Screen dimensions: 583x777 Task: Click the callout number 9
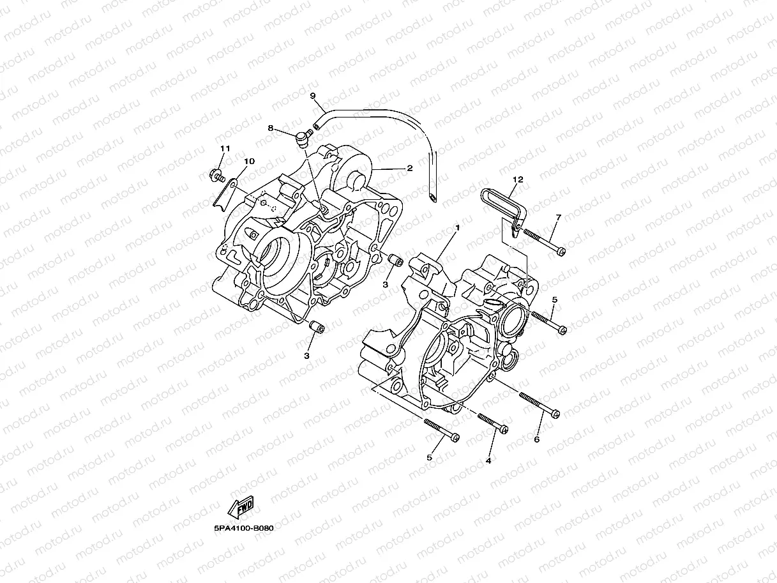[x=313, y=96]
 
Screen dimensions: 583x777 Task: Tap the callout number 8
[x=271, y=128]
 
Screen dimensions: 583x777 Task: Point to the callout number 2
[x=409, y=168]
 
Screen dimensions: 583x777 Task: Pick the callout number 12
[x=518, y=180]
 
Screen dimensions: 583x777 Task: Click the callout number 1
[x=457, y=227]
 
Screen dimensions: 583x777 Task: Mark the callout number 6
[x=536, y=439]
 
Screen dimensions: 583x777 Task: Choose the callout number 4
[x=488, y=460]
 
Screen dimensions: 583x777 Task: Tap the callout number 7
[x=558, y=218]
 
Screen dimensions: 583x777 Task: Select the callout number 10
[x=249, y=162]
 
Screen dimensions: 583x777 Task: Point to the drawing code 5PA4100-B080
[x=244, y=529]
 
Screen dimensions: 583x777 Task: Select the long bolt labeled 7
[x=543, y=241]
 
